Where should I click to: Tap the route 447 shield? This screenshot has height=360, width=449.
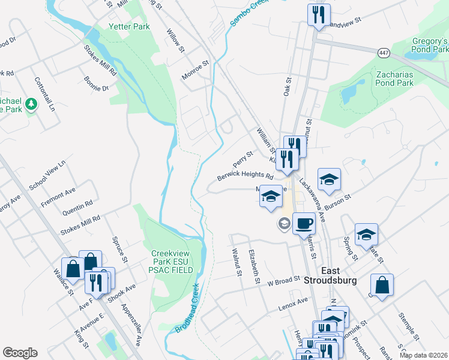(x=385, y=53)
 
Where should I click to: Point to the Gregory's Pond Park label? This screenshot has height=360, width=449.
(x=430, y=46)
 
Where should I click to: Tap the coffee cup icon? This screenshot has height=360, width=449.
(x=304, y=223)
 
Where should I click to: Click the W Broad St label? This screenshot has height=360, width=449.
(x=283, y=281)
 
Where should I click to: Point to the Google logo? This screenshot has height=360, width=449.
(x=20, y=353)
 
